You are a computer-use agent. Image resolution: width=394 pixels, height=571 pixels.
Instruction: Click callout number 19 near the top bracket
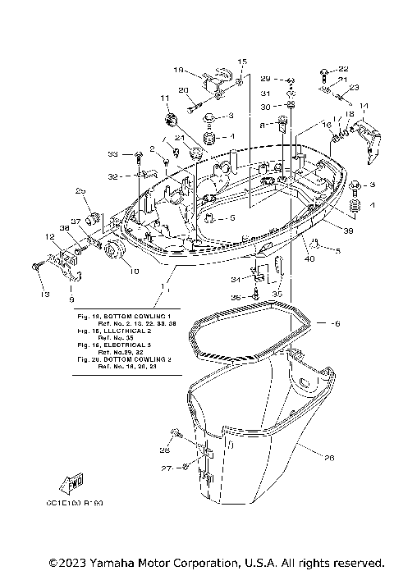pos(180,71)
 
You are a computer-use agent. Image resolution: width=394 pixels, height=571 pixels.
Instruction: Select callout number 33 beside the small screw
pos(114,153)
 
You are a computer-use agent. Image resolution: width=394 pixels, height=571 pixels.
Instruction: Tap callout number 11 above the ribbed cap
pos(164,98)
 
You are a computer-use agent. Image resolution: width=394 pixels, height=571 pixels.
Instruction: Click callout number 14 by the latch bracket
pos(364,106)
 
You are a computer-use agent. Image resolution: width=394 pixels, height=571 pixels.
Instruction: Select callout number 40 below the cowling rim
pos(310,260)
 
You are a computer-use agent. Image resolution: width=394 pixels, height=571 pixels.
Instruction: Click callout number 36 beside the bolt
pos(236,297)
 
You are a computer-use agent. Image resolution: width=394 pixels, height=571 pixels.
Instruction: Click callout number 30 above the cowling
pos(265,106)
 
